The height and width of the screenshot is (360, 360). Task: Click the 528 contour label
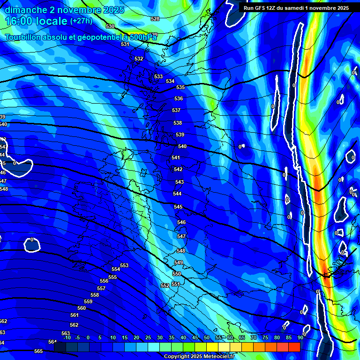coord(155,19)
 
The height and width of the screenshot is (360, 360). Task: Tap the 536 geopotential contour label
coord(179,99)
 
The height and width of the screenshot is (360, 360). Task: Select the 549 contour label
coord(179,262)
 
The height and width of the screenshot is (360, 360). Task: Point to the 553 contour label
coord(124,265)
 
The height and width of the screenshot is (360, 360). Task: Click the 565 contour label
coord(38,351)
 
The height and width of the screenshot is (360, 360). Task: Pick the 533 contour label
coord(158,76)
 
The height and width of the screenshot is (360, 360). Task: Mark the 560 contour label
coord(82,308)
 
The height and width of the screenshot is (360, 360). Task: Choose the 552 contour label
coord(165,285)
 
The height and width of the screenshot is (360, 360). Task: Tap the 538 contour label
coord(178,123)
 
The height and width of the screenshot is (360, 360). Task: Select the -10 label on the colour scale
coord(67,337)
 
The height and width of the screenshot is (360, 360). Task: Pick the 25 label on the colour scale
coord(148,337)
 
